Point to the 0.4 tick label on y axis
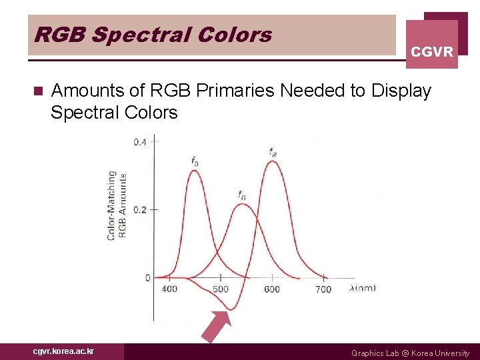click(140, 142)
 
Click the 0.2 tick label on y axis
click(140, 209)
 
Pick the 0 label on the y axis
click(147, 277)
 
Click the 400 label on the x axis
click(170, 289)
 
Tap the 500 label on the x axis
click(221, 289)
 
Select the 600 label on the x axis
click(272, 289)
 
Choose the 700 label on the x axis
click(323, 289)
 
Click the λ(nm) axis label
click(362, 288)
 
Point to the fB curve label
click(194, 161)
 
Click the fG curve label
click(241, 195)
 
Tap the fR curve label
click(273, 152)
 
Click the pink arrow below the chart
click(217, 327)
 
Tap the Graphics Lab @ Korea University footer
click(410, 353)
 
